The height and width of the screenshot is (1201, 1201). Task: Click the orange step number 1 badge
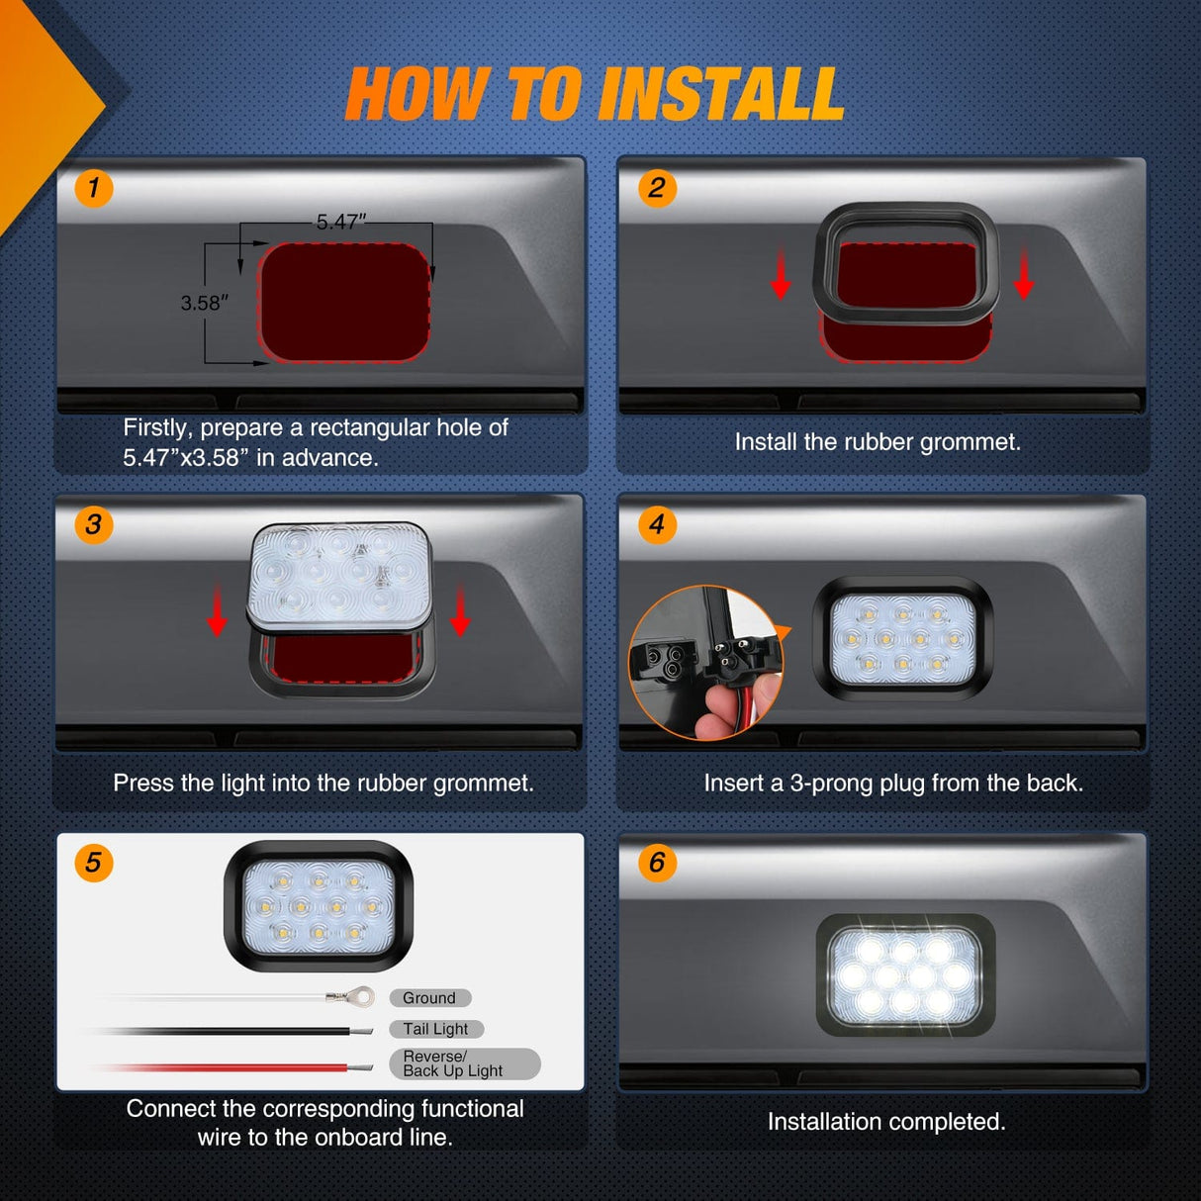[93, 188]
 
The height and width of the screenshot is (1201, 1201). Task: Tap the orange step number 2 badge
[657, 188]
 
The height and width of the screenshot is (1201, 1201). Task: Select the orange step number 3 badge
[93, 524]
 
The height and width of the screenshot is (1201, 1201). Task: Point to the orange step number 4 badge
[657, 524]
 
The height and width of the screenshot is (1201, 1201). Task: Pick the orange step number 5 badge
[93, 863]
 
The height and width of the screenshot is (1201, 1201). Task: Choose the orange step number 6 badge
[657, 863]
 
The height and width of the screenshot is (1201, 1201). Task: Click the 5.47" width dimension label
[341, 222]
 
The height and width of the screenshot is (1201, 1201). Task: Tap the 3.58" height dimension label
[205, 303]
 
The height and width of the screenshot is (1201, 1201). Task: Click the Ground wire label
[429, 998]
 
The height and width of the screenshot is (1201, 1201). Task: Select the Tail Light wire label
[435, 1029]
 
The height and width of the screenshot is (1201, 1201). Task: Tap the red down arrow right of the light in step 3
[460, 610]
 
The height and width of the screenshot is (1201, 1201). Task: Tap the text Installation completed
[886, 1122]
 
